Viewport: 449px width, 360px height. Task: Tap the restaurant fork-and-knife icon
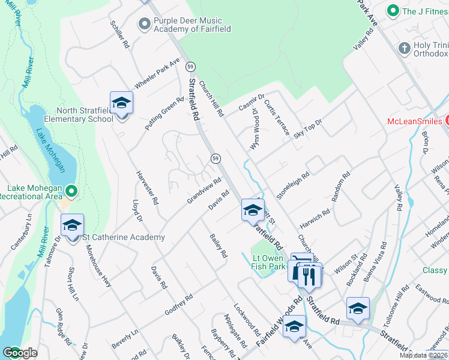tap(309, 275)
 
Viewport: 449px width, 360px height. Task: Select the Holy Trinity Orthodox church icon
tap(405, 47)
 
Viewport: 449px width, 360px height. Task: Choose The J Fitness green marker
tap(393, 11)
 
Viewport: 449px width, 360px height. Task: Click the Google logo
tap(20, 353)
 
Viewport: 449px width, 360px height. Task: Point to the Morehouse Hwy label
tap(98, 266)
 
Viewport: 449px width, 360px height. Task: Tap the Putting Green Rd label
tap(164, 114)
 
